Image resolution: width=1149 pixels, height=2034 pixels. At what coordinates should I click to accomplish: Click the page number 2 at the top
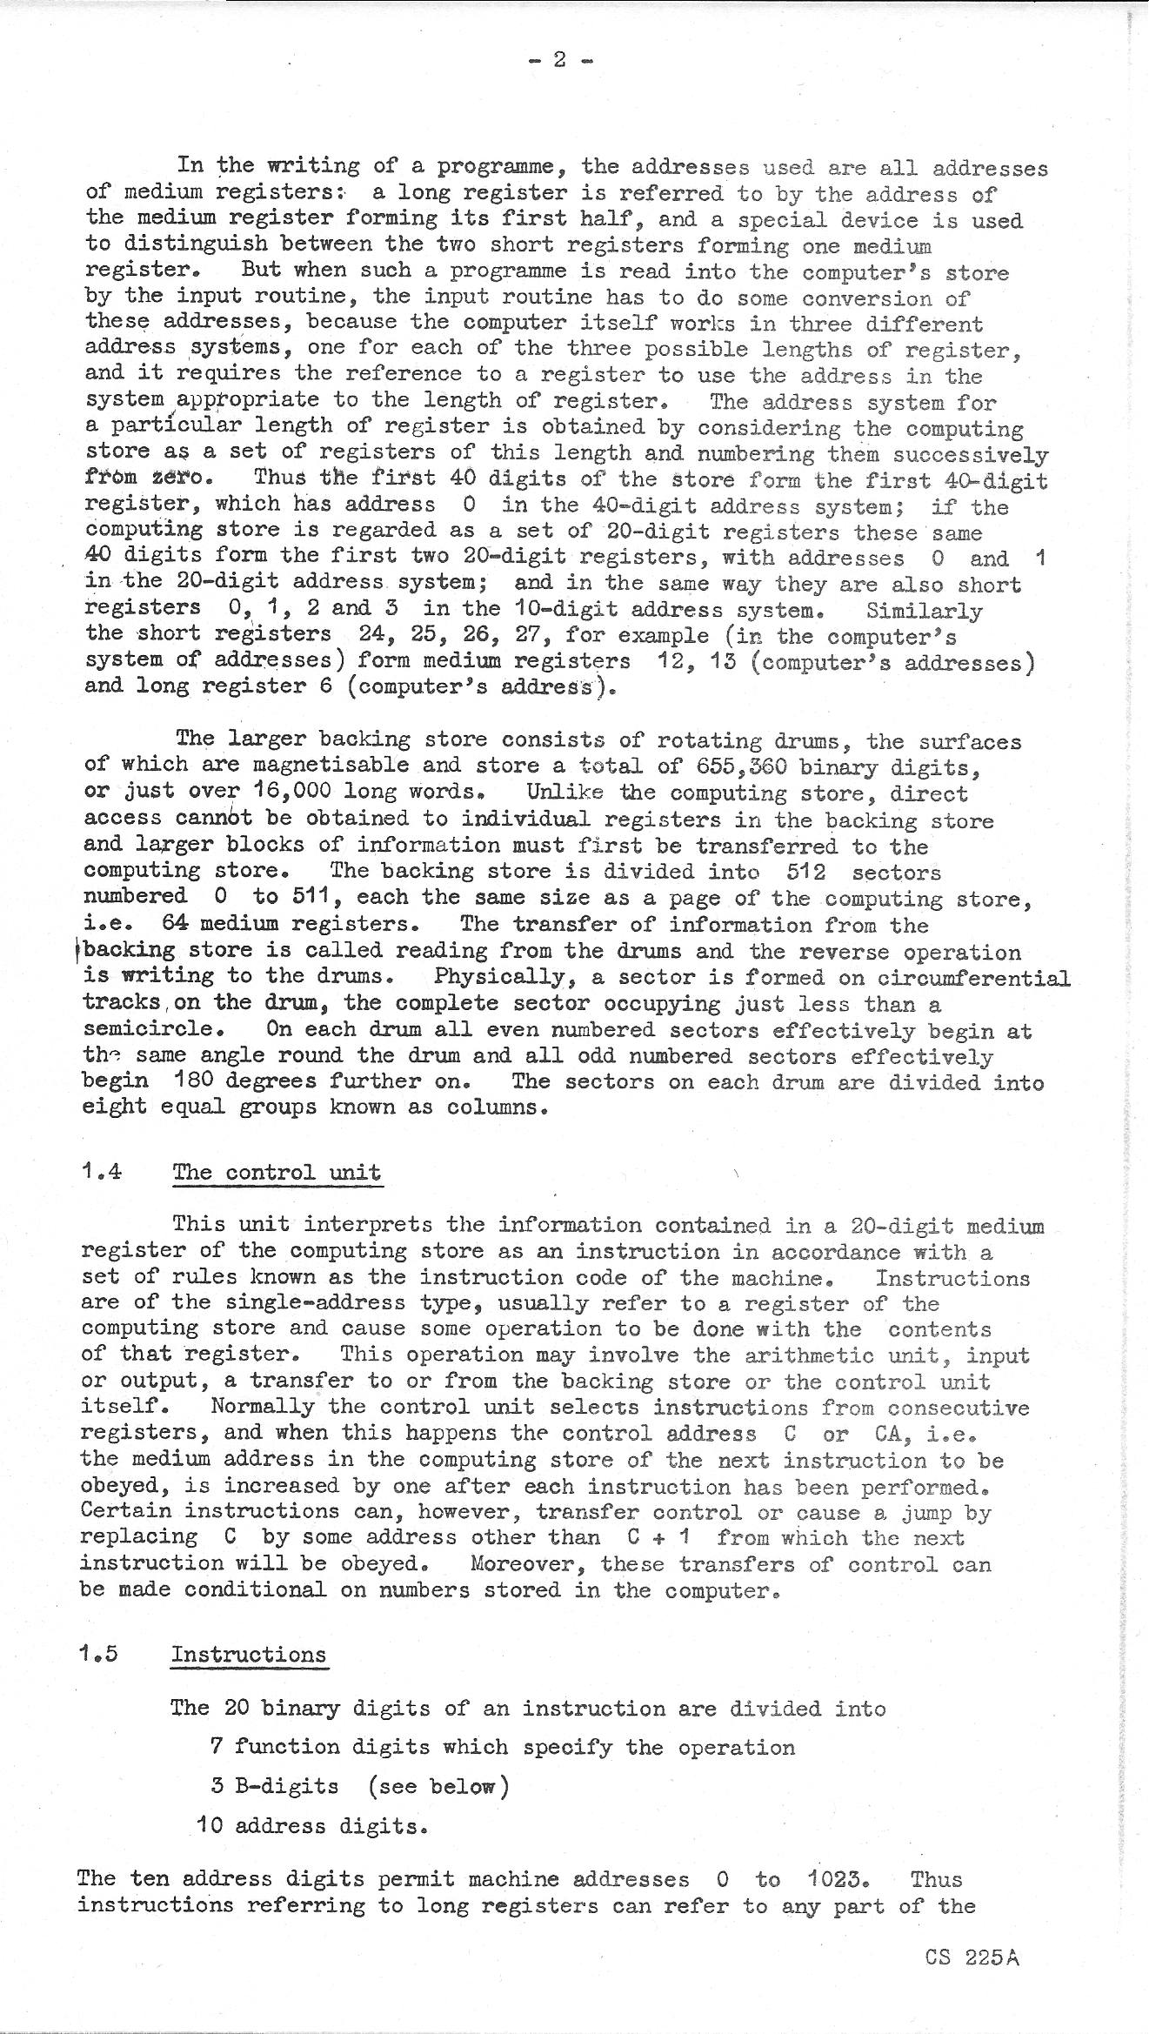pyautogui.click(x=560, y=60)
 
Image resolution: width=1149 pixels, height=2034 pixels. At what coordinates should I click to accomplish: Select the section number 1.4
pyautogui.click(x=101, y=1171)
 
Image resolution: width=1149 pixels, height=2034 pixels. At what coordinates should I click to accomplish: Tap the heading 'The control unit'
pyautogui.click(x=277, y=1172)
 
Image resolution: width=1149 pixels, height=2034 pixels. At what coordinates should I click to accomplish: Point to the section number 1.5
pyautogui.click(x=98, y=1654)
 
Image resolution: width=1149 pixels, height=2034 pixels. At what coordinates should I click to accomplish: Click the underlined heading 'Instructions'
pyautogui.click(x=249, y=1655)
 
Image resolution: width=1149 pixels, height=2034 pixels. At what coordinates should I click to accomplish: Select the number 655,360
pyautogui.click(x=745, y=766)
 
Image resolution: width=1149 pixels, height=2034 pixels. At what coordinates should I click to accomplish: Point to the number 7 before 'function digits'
pyautogui.click(x=217, y=1747)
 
